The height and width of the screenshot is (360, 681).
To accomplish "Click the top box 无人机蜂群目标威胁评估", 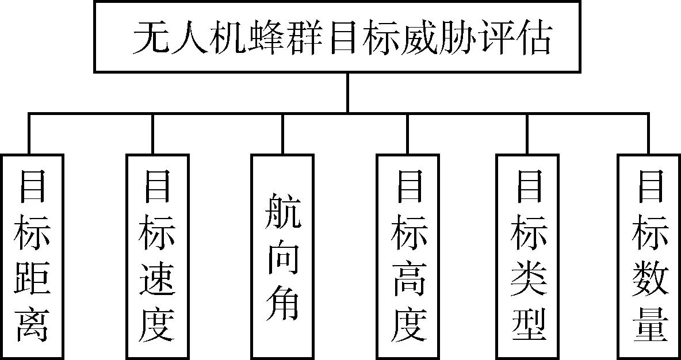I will pos(337,37).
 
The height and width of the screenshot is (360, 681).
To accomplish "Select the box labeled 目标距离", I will pos(31,256).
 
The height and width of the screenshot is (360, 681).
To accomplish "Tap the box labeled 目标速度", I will pos(156,256).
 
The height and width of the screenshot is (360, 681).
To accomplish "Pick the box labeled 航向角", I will pos(282,256).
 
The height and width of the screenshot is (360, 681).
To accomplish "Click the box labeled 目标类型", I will pos(527,256).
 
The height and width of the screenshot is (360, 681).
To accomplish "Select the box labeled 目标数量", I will pos(649,256).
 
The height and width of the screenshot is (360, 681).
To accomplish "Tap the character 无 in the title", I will pos(149,39).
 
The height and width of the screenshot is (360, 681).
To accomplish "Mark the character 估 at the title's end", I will pos(534,39).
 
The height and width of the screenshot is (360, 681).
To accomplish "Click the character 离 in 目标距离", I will pos(32,324).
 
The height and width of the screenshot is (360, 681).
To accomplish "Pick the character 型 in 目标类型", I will pos(527,324).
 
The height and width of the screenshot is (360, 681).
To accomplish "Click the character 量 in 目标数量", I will pos(649,324).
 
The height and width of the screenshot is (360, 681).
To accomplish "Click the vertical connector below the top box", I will pos(348,92).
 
